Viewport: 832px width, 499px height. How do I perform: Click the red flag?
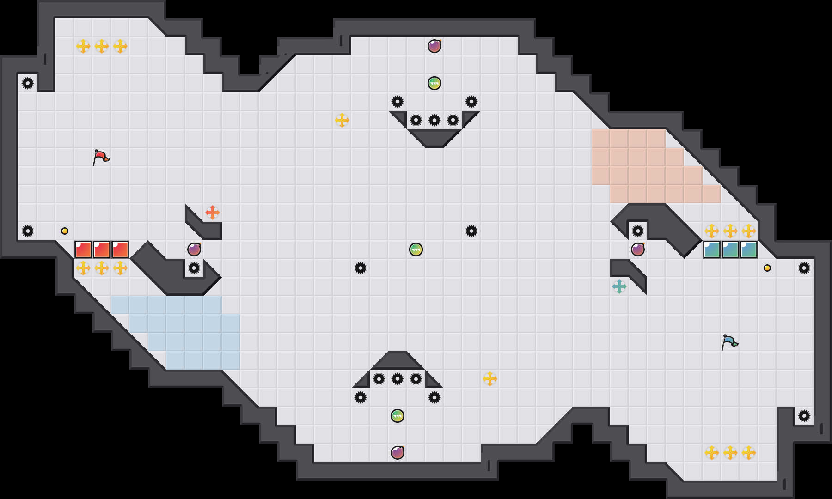(x=101, y=157)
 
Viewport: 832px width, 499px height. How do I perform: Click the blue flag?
(x=729, y=342)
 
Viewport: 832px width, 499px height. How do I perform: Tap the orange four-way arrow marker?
(x=213, y=213)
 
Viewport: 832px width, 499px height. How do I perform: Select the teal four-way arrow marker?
(x=619, y=286)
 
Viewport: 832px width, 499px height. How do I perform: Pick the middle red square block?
(x=102, y=249)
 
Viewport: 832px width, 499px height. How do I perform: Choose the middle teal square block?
(x=730, y=249)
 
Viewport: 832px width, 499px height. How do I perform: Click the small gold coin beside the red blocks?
(x=65, y=231)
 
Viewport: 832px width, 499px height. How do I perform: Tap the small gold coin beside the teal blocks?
(x=767, y=268)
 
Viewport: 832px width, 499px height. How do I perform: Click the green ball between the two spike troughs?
(x=416, y=249)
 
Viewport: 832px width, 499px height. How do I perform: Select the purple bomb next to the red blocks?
(x=194, y=249)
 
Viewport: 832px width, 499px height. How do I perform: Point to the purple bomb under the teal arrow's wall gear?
(x=638, y=249)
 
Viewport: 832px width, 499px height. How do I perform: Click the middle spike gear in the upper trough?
(x=434, y=120)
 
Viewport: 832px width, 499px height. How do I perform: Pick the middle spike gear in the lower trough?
(x=398, y=379)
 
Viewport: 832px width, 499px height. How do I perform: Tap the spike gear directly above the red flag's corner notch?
(x=28, y=83)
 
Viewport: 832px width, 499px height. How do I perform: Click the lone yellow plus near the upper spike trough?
(x=342, y=120)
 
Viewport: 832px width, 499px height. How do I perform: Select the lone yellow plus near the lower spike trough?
(x=490, y=379)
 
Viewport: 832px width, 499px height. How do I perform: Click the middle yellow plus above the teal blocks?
(x=730, y=231)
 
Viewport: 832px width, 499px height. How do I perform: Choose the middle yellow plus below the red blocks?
(x=102, y=268)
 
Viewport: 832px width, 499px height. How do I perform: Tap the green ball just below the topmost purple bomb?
(x=434, y=83)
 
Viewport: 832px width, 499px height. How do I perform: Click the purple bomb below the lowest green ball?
(x=398, y=453)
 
